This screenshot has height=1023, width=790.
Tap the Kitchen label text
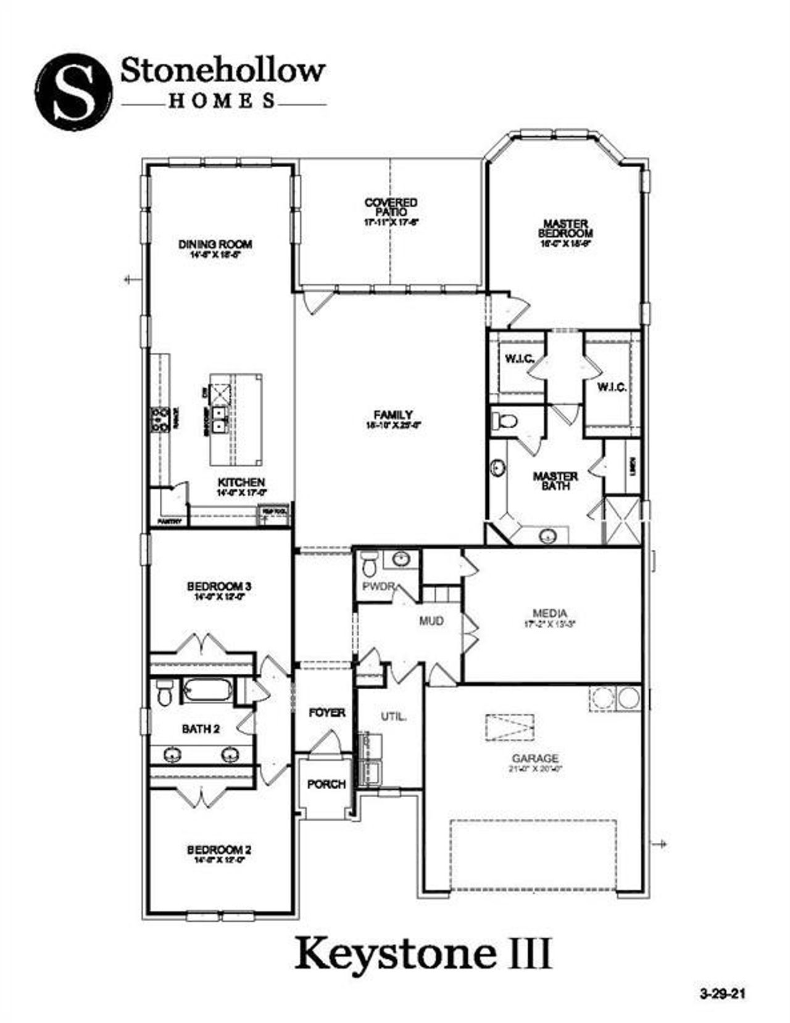[x=241, y=482]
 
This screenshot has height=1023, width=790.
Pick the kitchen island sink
[x=219, y=419]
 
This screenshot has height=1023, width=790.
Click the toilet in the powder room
[x=370, y=563]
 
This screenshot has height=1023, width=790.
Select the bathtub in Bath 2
[x=207, y=690]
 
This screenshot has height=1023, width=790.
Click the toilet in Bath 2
[x=164, y=693]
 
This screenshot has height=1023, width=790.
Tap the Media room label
[x=549, y=613]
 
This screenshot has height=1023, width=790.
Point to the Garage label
[x=534, y=758]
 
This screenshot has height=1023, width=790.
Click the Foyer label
[x=326, y=713]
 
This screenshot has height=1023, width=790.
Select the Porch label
[x=326, y=784]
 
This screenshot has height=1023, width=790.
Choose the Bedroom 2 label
[x=218, y=850]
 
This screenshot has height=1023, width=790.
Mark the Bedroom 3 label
[x=218, y=586]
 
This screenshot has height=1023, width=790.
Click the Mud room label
[x=431, y=621]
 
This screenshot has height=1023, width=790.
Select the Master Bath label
[x=555, y=481]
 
